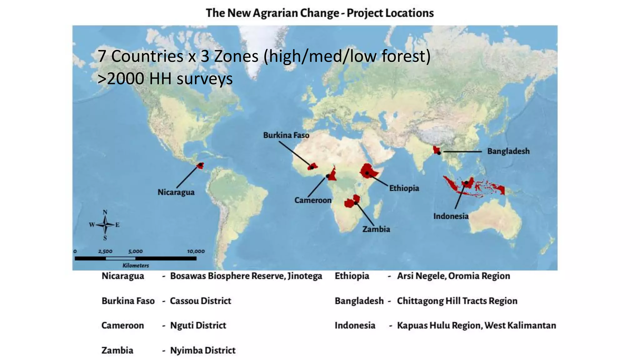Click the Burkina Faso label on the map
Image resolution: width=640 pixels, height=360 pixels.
pyautogui.click(x=286, y=135)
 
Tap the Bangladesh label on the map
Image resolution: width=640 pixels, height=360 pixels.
pyautogui.click(x=508, y=151)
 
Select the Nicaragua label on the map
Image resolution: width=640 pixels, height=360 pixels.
pyautogui.click(x=176, y=192)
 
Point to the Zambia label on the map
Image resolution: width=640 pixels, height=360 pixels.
pyautogui.click(x=376, y=229)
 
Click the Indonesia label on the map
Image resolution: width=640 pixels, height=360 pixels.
pyautogui.click(x=451, y=216)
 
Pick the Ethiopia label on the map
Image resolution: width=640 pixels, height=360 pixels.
pyautogui.click(x=404, y=188)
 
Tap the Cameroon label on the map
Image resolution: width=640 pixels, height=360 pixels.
pyautogui.click(x=313, y=200)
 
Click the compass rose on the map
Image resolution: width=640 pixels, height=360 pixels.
pyautogui.click(x=105, y=225)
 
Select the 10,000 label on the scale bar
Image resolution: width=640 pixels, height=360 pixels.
pyautogui.click(x=196, y=251)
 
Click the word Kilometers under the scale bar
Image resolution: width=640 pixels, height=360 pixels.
pyautogui.click(x=136, y=266)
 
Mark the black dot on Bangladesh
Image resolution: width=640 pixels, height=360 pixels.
pyautogui.click(x=439, y=153)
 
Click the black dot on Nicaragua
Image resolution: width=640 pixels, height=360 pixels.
pyautogui.click(x=200, y=165)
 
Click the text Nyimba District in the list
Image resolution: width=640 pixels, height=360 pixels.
pyautogui.click(x=202, y=350)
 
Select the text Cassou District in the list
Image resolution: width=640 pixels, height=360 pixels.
pyautogui.click(x=200, y=301)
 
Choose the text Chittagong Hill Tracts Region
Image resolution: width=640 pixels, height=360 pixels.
pyautogui.click(x=457, y=301)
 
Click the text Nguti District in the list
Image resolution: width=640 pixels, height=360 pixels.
pyautogui.click(x=198, y=325)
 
